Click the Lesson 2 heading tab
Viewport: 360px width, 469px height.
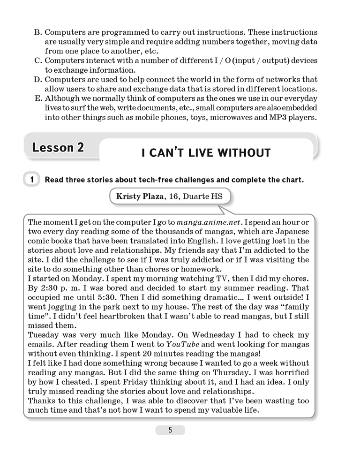click(x=58, y=147)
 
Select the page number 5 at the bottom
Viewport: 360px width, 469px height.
click(x=170, y=430)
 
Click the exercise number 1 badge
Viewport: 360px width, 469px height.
click(x=31, y=180)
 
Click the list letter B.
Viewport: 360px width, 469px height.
click(x=38, y=33)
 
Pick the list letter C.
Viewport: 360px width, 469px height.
click(x=38, y=61)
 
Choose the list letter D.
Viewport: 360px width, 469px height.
click(x=38, y=80)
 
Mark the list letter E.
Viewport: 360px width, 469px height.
click(x=38, y=98)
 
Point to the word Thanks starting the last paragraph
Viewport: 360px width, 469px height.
click(x=41, y=400)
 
